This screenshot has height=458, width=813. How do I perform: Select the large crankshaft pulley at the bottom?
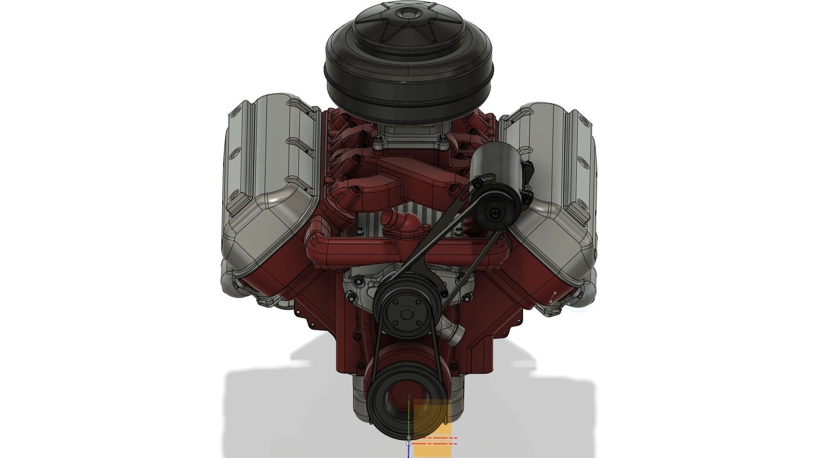tap(392, 397)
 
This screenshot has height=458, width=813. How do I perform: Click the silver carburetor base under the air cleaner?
tap(409, 136)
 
